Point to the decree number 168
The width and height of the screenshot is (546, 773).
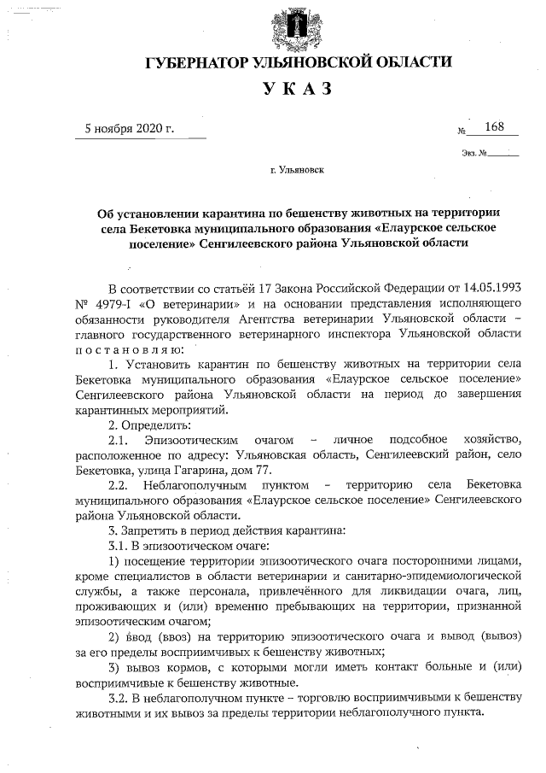[494, 127]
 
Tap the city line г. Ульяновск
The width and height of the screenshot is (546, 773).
[297, 170]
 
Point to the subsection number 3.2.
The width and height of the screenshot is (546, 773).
[118, 700]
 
